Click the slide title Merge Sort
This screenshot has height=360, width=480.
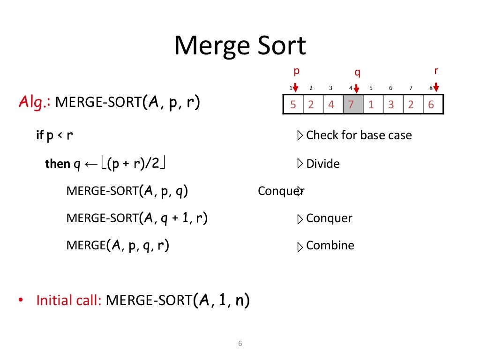click(240, 46)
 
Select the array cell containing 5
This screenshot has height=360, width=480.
click(293, 105)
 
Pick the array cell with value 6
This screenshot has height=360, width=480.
click(431, 105)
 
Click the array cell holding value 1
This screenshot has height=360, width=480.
click(371, 105)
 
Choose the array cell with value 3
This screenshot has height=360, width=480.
click(391, 105)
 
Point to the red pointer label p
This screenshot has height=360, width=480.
click(296, 71)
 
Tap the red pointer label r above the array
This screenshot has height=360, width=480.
click(436, 71)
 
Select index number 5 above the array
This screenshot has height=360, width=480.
click(371, 88)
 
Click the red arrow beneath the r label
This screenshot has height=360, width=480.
click(436, 88)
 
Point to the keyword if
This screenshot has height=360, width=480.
click(40, 135)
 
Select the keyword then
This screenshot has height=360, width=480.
click(57, 164)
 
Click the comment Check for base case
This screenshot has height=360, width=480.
click(359, 135)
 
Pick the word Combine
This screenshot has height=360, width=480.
click(330, 246)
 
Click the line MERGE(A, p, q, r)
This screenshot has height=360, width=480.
click(118, 246)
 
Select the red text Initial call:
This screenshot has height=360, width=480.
click(69, 300)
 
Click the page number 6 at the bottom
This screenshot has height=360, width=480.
click(240, 344)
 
